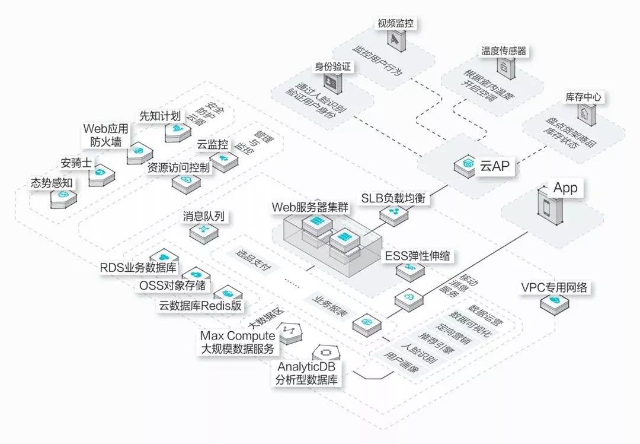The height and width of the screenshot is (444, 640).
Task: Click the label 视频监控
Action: pos(395,24)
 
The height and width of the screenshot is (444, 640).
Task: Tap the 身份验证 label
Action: pos(334,67)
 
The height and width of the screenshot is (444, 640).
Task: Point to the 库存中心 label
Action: pos(585,97)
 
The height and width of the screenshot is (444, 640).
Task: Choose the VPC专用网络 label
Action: pos(554,288)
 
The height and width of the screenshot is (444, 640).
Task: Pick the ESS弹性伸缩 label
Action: pos(417,256)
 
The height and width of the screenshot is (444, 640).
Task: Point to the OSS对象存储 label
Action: pos(172,286)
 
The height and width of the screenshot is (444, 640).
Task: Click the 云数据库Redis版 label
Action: pos(201,306)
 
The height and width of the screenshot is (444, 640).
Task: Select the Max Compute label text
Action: pos(238,336)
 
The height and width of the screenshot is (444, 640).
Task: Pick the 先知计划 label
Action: pos(160,115)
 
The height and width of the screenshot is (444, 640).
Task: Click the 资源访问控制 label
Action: pos(178,168)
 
